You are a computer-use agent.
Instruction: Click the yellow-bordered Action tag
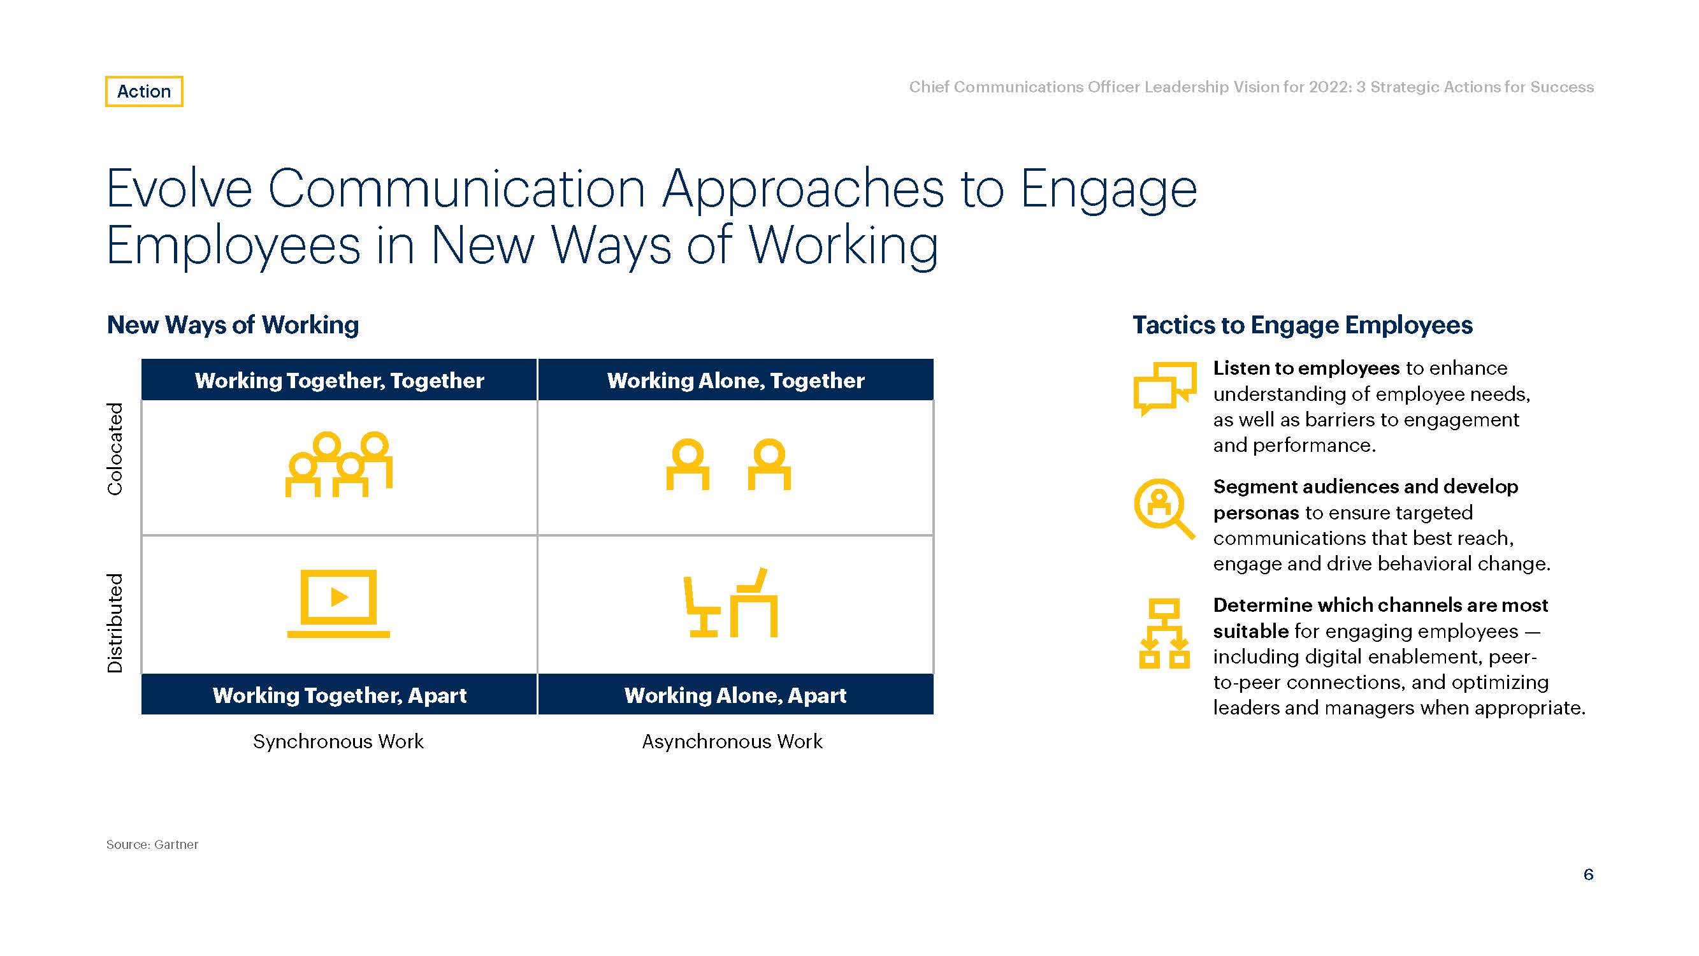[x=144, y=91]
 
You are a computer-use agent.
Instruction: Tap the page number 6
[x=1588, y=874]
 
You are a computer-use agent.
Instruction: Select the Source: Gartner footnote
[x=152, y=844]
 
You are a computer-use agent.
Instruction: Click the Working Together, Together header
[x=339, y=380]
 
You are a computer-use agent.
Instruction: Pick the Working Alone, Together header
[x=735, y=380]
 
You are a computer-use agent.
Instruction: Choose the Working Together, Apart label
[x=339, y=695]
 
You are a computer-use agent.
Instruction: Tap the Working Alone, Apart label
[x=735, y=695]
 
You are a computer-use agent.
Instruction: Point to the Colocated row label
[x=115, y=449]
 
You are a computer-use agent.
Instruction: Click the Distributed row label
[x=115, y=623]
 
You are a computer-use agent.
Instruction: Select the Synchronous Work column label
[x=338, y=742]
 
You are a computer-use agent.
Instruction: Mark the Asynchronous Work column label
[x=732, y=742]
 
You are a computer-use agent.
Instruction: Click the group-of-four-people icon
[x=339, y=465]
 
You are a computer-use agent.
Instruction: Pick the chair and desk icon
[x=731, y=602]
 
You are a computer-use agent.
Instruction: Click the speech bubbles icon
[x=1165, y=389]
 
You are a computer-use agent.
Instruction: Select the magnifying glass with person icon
[x=1164, y=509]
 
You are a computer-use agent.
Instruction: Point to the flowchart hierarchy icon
[x=1164, y=634]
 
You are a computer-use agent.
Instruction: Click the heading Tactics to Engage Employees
[x=1303, y=325]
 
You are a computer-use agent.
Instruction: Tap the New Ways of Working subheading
[x=233, y=325]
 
